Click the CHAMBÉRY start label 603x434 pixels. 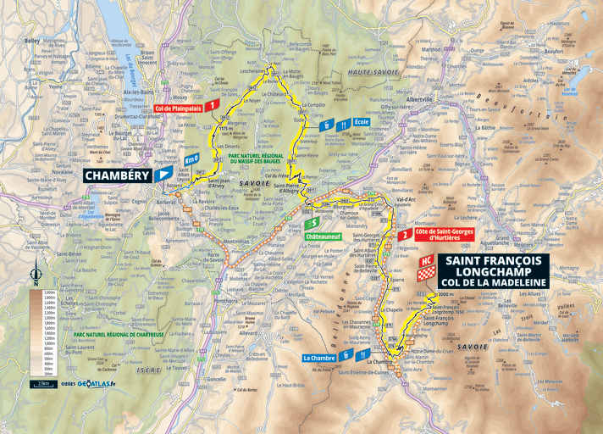point(116,175)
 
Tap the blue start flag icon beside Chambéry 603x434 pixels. point(163,176)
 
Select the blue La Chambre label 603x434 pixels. point(320,358)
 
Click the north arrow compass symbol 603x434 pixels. point(35,274)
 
